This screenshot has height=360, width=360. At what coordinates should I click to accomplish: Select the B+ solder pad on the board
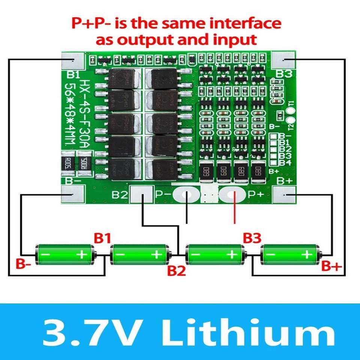pos(284,195)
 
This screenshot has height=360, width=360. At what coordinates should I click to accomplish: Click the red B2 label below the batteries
pos(176,271)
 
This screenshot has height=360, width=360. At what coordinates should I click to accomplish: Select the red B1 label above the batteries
pos(102,238)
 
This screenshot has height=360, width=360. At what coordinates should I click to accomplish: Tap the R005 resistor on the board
pos(68,163)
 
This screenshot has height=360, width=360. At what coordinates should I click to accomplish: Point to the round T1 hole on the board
pos(289,111)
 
